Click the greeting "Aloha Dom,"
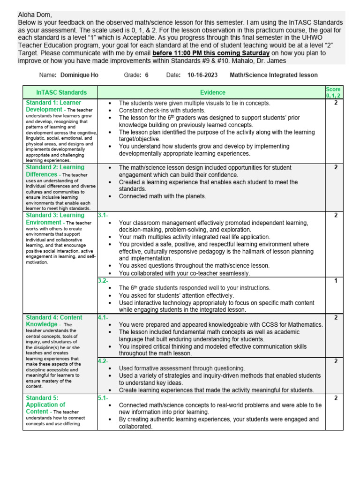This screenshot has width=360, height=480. (x=33, y=15)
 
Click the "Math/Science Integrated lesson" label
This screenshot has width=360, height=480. (x=274, y=75)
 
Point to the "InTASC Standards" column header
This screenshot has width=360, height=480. (x=61, y=92)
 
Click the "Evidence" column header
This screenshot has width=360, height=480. (x=212, y=92)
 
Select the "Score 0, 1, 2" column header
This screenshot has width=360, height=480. (x=333, y=92)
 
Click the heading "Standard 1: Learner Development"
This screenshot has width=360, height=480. (x=53, y=106)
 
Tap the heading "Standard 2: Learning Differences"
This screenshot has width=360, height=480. (x=55, y=171)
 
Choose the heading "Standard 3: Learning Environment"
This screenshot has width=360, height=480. (x=55, y=219)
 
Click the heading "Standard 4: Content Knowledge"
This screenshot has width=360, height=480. (x=54, y=321)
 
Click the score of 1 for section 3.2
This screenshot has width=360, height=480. (x=336, y=281)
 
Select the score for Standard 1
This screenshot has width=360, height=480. (x=336, y=103)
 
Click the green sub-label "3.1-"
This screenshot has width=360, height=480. (x=103, y=215)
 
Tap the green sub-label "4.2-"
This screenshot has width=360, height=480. (x=103, y=361)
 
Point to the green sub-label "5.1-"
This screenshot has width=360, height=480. (x=103, y=398)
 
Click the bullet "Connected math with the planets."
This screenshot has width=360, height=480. (x=162, y=196)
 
